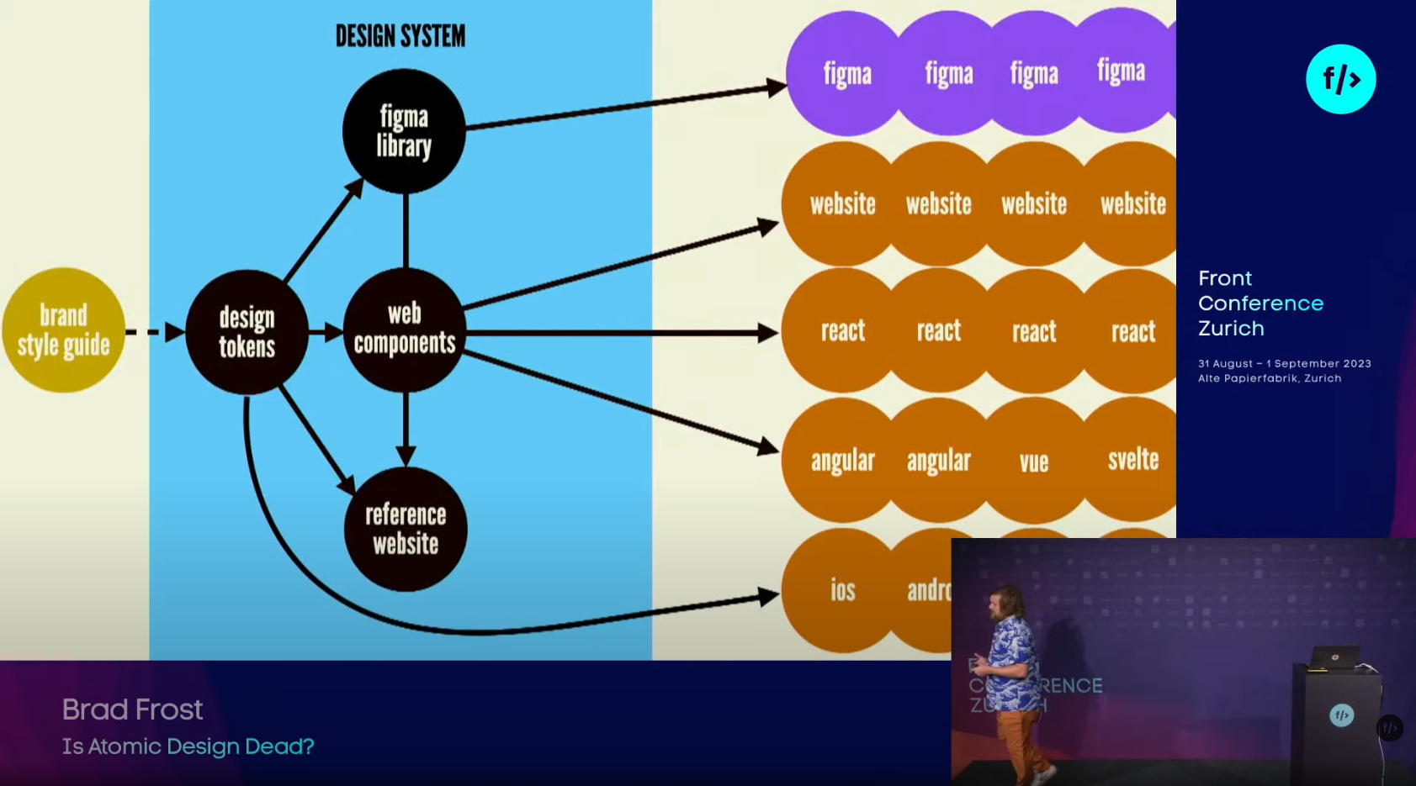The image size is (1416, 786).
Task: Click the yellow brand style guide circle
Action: pyautogui.click(x=63, y=330)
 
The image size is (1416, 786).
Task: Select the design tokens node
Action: pyautogui.click(x=247, y=332)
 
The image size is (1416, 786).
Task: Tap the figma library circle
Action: pyautogui.click(x=404, y=131)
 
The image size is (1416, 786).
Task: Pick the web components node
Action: pyautogui.click(x=405, y=330)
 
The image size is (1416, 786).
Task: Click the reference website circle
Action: pyautogui.click(x=406, y=529)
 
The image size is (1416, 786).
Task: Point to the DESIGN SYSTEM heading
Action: pyautogui.click(x=400, y=36)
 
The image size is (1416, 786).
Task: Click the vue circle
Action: pyautogui.click(x=1034, y=461)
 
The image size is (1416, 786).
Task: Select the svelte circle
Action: pyautogui.click(x=1132, y=459)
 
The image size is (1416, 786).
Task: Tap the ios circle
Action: pyautogui.click(x=842, y=590)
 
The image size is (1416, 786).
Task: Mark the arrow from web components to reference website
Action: pyautogui.click(x=406, y=429)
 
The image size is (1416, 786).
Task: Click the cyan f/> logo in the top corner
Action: pyautogui.click(x=1340, y=79)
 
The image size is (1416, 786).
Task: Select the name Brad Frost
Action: pyautogui.click(x=132, y=710)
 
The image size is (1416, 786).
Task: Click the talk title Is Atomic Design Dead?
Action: pyautogui.click(x=188, y=746)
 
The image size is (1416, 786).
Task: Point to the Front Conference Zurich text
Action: pyautogui.click(x=1260, y=303)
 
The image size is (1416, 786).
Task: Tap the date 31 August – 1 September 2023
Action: pyautogui.click(x=1284, y=363)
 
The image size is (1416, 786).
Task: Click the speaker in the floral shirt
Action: pyautogui.click(x=1015, y=673)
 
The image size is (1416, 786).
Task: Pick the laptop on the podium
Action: pyautogui.click(x=1337, y=658)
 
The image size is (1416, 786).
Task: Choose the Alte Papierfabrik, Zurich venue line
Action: pyautogui.click(x=1270, y=378)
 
